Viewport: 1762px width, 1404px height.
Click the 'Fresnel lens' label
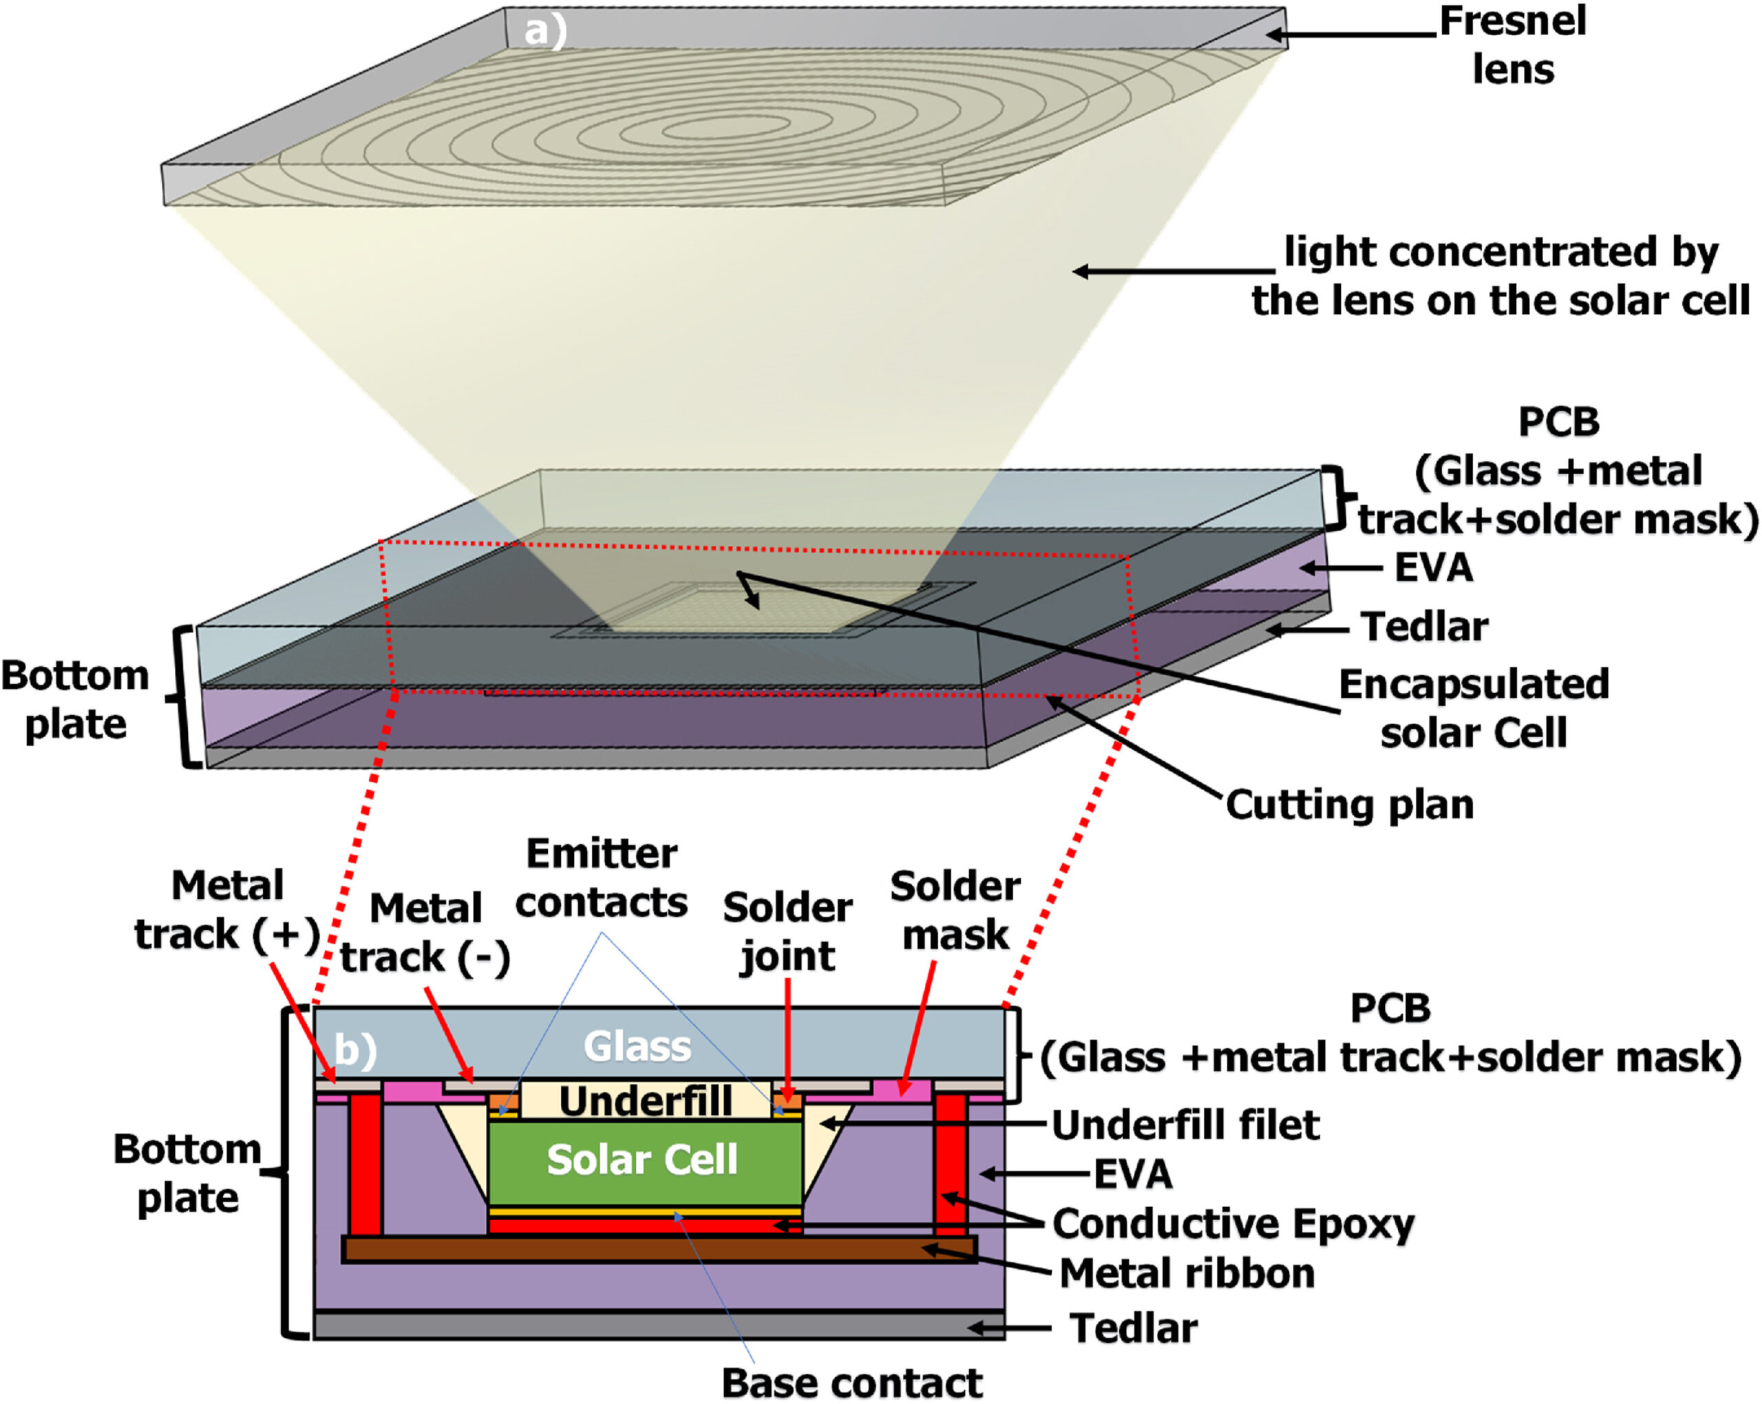[x=1512, y=45]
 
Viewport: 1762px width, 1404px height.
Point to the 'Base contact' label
[x=851, y=1383]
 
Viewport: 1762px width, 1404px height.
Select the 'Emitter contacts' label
[x=602, y=878]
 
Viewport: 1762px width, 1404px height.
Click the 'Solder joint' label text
[x=787, y=932]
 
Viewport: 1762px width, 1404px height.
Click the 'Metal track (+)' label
[x=227, y=910]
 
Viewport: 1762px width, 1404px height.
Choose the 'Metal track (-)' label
[x=425, y=933]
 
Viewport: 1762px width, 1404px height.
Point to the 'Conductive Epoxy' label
[x=1233, y=1224]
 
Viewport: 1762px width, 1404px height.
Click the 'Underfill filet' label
[x=1185, y=1125]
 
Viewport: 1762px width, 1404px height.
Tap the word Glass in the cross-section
[x=637, y=1047]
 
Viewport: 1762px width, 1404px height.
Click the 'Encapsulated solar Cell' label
[x=1474, y=708]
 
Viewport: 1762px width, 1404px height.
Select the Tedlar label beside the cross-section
[x=1134, y=1328]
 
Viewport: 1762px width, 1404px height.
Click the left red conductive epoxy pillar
[x=365, y=1165]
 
